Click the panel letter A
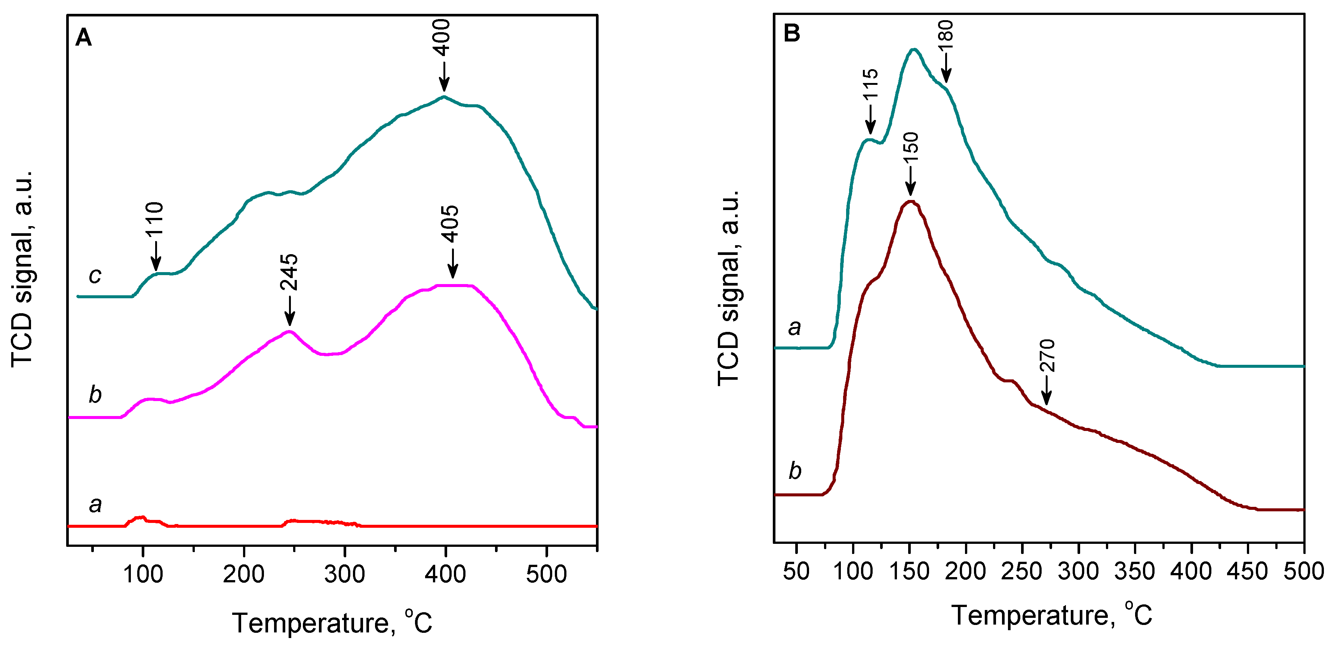[83, 38]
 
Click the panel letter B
[792, 33]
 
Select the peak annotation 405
[451, 224]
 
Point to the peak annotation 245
[289, 272]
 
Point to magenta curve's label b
[95, 395]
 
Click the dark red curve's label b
[795, 471]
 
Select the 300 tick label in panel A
[344, 574]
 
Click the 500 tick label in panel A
[546, 574]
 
